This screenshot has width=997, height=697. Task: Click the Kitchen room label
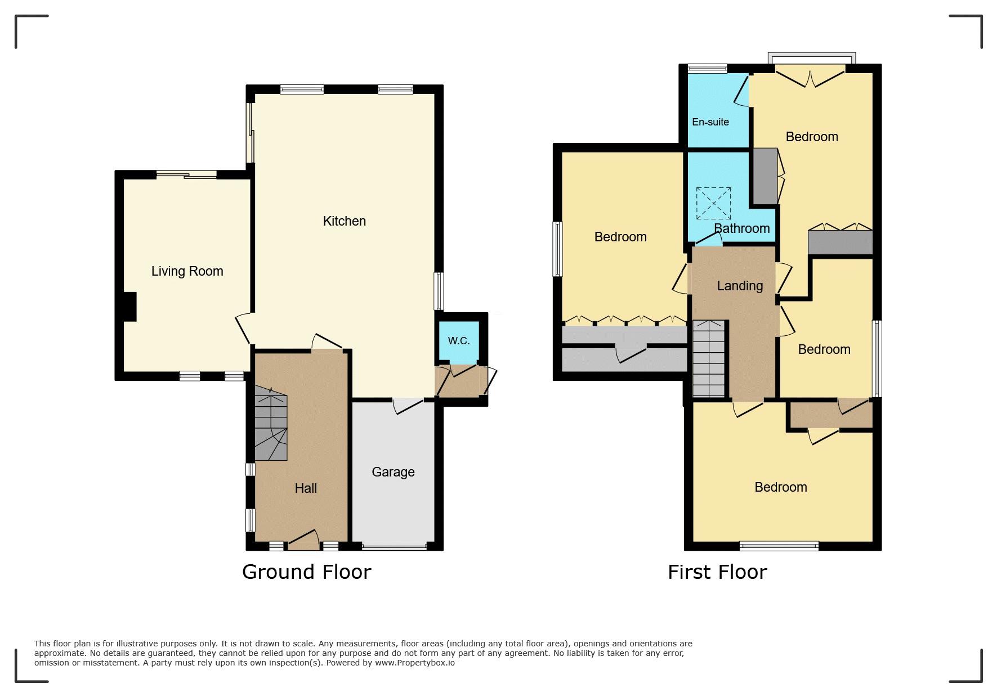tap(344, 221)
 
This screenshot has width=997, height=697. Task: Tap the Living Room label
tap(187, 271)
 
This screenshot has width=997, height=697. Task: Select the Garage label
tap(393, 472)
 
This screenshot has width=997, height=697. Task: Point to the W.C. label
tap(459, 341)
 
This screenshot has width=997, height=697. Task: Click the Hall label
tap(306, 488)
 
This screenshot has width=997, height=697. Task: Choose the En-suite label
tap(710, 122)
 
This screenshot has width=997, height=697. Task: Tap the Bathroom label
tap(742, 228)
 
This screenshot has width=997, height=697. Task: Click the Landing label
tap(740, 286)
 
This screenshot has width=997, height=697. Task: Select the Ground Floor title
tap(307, 572)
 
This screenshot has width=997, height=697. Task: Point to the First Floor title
tap(717, 572)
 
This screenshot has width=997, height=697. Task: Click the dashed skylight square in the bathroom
tap(713, 203)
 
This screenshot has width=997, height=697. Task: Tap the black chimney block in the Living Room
tap(129, 307)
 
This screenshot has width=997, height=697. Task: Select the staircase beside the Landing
tap(708, 359)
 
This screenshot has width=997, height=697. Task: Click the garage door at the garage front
tap(394, 546)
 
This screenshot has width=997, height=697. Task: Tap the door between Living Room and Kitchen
tap(244, 327)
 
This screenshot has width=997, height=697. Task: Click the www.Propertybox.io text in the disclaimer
tap(415, 663)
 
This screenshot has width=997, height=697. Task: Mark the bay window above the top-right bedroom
tap(812, 59)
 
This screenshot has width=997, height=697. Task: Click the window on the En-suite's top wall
tap(707, 69)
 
